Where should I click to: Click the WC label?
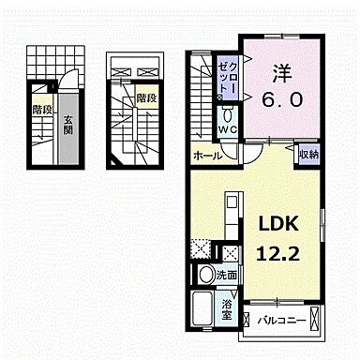[x=229, y=130]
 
